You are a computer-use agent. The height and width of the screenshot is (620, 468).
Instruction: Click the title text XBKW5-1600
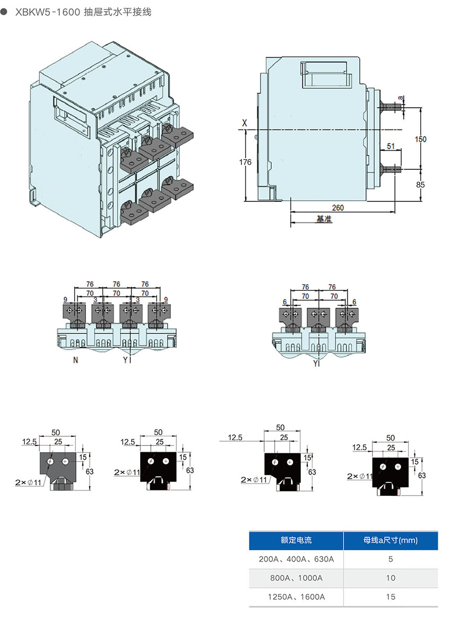47,12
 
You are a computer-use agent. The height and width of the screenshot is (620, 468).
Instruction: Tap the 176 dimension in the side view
245,162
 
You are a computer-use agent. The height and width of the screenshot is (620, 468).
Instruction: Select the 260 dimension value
338,208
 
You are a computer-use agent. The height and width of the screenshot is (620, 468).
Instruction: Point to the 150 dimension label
420,139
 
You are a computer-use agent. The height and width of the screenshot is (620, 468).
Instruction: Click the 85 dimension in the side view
420,185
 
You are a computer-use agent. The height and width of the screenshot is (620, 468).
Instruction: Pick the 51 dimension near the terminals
391,146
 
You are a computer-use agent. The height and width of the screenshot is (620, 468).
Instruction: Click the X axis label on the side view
245,123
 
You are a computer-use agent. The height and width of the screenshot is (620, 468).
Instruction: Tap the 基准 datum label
324,219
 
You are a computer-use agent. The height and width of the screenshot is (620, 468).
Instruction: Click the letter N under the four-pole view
75,360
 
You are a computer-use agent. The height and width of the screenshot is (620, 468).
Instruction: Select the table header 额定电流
296,540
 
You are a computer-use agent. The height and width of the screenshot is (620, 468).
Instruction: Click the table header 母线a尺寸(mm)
391,540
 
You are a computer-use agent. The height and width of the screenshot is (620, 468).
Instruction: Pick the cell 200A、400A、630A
296,559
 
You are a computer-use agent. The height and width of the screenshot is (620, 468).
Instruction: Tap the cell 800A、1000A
296,578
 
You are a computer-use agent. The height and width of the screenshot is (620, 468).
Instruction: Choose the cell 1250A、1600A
296,597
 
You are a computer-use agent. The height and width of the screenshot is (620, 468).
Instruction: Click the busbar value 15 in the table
391,597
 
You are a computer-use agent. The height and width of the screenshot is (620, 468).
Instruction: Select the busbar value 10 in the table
391,578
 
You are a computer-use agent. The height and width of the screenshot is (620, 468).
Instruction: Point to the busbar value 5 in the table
391,559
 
